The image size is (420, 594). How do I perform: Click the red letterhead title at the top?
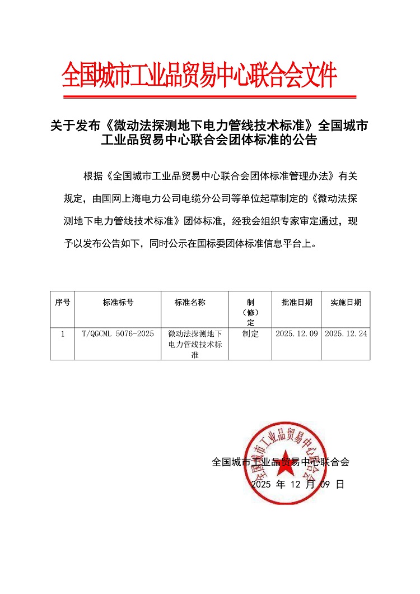(200, 75)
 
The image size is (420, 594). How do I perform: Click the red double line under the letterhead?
(209, 97)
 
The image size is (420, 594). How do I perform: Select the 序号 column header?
(62, 303)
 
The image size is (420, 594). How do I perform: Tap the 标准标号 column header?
(118, 303)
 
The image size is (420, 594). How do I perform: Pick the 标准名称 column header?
(190, 303)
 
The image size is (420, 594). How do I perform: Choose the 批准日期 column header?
(297, 303)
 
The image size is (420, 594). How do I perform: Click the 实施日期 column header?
(346, 303)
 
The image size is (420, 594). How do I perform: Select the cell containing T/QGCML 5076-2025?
(118, 334)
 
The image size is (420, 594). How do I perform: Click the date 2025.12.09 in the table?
(297, 334)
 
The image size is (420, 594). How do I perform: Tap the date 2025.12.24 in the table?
(346, 334)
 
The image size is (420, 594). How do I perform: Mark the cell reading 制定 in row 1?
(250, 334)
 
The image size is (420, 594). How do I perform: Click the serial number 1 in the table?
(62, 334)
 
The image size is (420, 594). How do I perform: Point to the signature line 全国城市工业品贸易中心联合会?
(281, 462)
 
